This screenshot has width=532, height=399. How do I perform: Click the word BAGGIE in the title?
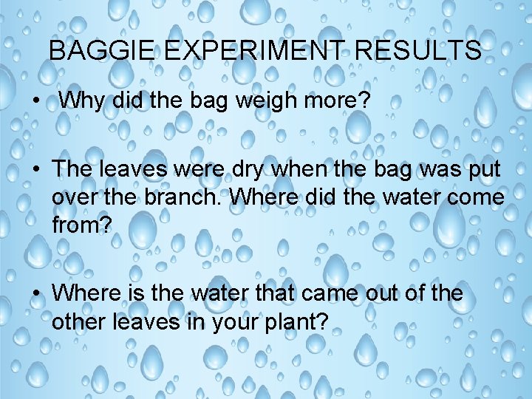click(102, 50)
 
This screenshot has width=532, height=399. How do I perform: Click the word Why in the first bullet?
click(82, 100)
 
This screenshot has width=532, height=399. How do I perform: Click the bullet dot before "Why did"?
click(36, 101)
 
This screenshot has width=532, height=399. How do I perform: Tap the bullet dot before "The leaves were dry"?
click(36, 169)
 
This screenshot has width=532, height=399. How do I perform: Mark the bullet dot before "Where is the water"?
click(36, 293)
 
